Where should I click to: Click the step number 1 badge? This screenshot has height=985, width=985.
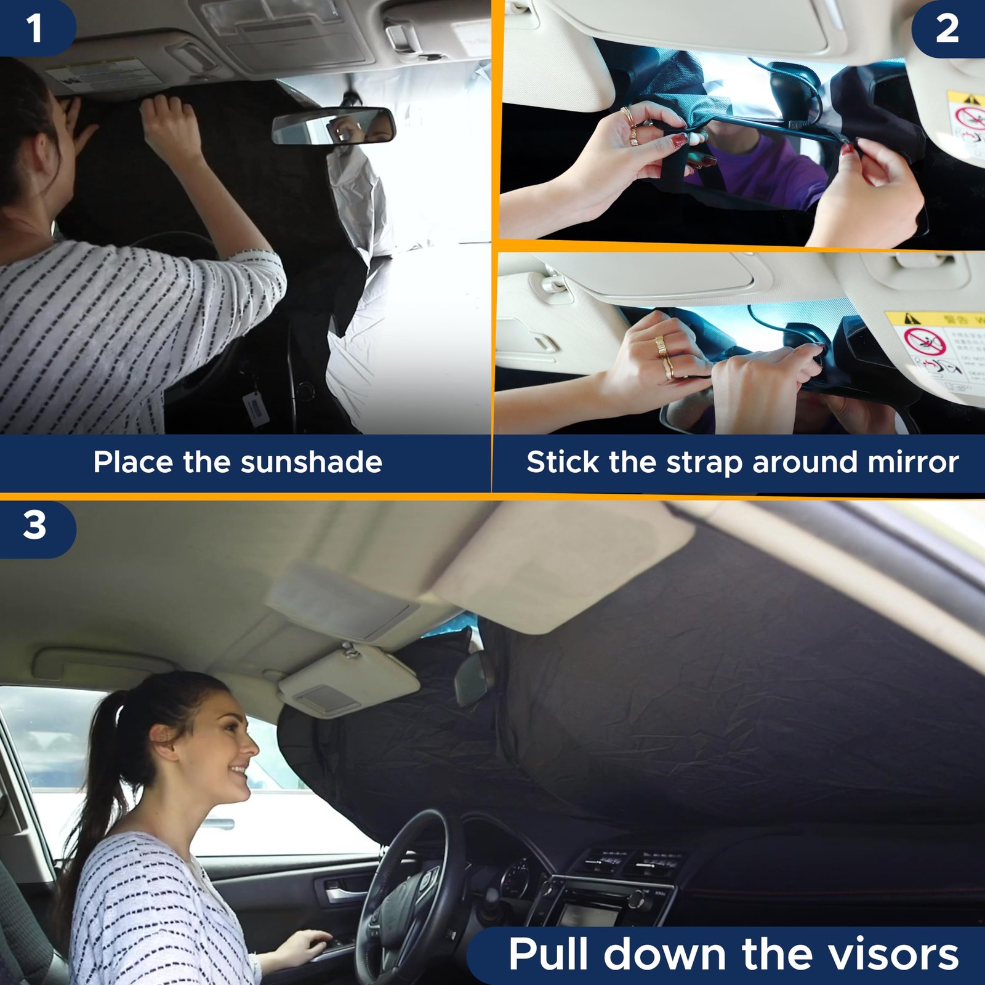(34, 28)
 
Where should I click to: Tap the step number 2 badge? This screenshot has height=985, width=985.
(947, 28)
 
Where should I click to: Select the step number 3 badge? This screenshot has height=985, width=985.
(34, 525)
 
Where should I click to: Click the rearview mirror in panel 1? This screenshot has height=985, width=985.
(333, 126)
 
